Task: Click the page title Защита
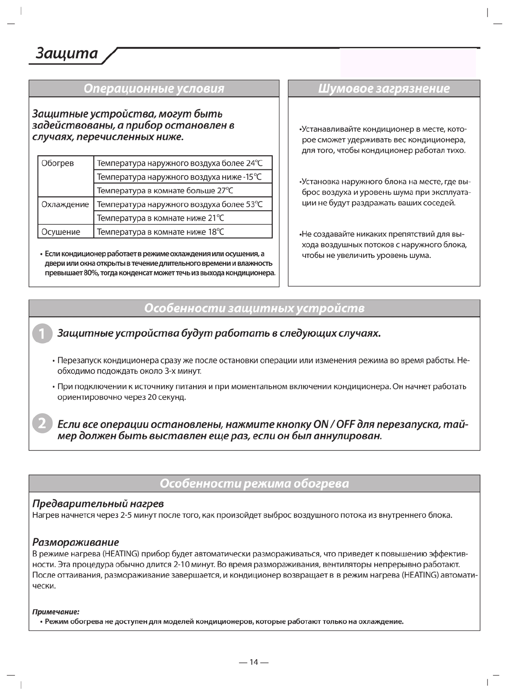pyautogui.click(x=66, y=53)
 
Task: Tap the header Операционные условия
pyautogui.click(x=154, y=88)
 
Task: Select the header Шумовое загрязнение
pyautogui.click(x=384, y=88)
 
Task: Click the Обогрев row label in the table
pyautogui.click(x=58, y=163)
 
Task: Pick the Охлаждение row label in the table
pyautogui.click(x=65, y=204)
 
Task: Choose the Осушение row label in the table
pyautogui.click(x=61, y=232)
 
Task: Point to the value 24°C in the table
pyautogui.click(x=251, y=163)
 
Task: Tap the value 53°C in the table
pyautogui.click(x=251, y=204)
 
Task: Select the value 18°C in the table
pyautogui.click(x=215, y=232)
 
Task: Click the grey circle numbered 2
pyautogui.click(x=41, y=424)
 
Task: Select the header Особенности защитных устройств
pyautogui.click(x=254, y=308)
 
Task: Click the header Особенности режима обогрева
pyautogui.click(x=254, y=484)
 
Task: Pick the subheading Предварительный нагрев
pyautogui.click(x=98, y=504)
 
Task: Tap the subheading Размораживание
pyautogui.click(x=76, y=542)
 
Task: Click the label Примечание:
pyautogui.click(x=56, y=612)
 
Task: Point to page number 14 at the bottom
pyautogui.click(x=254, y=662)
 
